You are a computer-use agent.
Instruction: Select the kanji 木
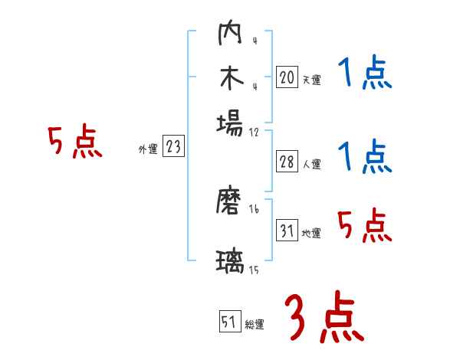[x=229, y=79]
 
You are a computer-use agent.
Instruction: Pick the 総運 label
[x=255, y=325]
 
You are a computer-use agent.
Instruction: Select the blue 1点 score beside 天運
[x=364, y=74]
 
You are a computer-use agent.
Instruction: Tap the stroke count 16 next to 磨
[x=255, y=209]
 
